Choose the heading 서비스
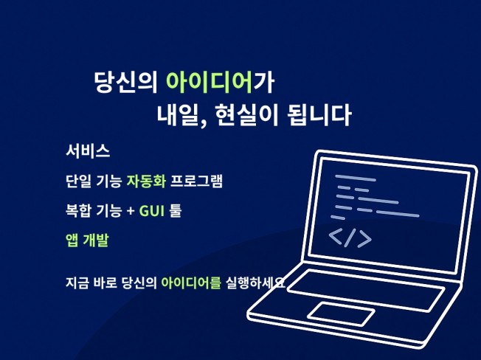[x=88, y=152]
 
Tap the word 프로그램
[x=197, y=181]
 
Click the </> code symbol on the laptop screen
[x=350, y=238]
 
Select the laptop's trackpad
[x=340, y=314]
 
